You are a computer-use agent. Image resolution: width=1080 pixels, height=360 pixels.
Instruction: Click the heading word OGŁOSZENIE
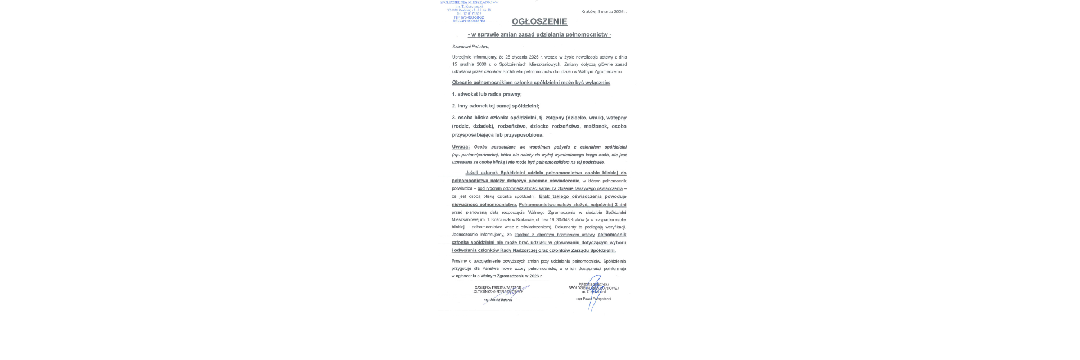coord(539,22)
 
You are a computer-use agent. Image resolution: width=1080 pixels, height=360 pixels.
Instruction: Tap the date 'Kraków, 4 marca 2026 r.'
coord(604,11)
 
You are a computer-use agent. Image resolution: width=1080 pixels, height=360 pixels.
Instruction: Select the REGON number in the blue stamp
coord(469,21)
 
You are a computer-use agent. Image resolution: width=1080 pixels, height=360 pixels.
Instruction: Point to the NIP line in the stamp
coord(469,17)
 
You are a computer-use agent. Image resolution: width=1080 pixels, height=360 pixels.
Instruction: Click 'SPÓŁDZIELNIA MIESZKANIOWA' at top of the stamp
coord(469,3)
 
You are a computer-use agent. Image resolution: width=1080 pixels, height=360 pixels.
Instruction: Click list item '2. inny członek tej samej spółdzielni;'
coord(496,106)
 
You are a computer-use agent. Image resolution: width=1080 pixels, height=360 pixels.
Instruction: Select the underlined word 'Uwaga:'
coord(461,147)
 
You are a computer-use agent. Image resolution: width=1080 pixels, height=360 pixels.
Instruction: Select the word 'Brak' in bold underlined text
coord(544,196)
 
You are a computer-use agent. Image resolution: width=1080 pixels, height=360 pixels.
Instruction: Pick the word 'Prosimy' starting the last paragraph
coord(459,262)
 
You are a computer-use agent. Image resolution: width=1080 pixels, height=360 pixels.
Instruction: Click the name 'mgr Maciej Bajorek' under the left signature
coord(498,300)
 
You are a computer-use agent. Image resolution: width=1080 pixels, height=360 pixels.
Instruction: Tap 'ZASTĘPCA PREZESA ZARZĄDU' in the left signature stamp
coord(498,287)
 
